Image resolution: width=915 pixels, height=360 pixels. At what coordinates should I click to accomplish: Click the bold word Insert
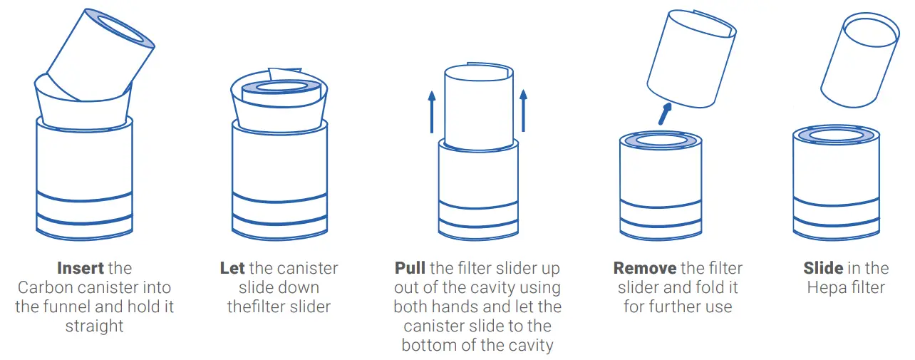[81, 269]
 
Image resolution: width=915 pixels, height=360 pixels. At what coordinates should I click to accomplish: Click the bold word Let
[232, 269]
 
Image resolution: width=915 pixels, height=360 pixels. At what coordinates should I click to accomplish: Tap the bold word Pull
[410, 269]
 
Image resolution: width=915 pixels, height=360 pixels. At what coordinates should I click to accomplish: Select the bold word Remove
[645, 269]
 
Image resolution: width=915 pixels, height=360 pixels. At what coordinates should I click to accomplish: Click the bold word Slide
[823, 269]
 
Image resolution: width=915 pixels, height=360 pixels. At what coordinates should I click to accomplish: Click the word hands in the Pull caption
[453, 307]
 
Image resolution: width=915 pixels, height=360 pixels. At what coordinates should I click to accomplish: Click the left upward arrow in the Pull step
[432, 112]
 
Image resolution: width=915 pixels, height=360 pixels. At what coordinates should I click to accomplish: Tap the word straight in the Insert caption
[94, 326]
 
